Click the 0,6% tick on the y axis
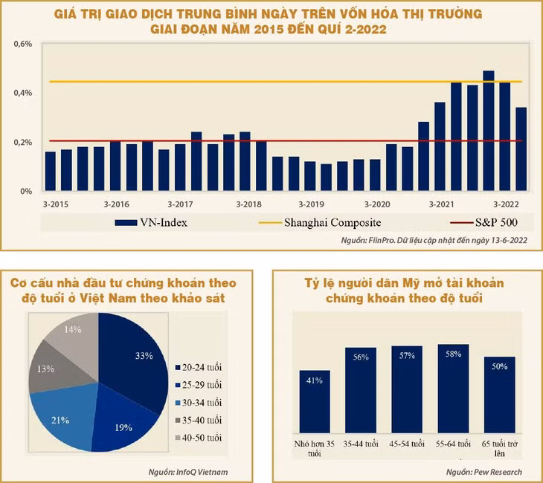(x=23, y=44)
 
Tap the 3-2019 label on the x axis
(x=311, y=204)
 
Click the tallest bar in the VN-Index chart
(x=489, y=131)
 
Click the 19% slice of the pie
(x=123, y=420)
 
